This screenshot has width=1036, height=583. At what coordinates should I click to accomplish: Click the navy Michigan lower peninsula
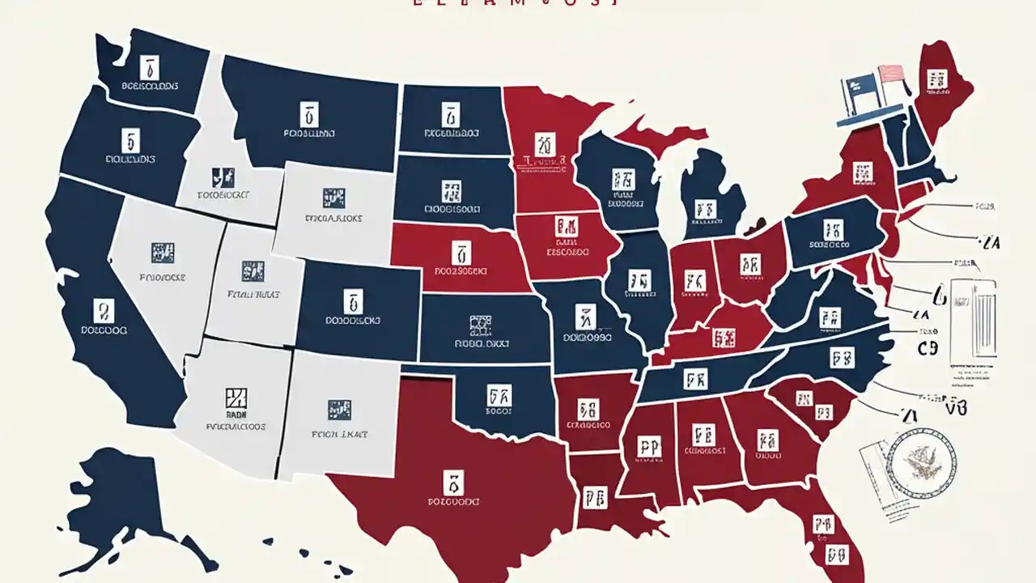[708, 198]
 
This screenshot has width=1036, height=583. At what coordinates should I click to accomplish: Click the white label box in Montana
[308, 113]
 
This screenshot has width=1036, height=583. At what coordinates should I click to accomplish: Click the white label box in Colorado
[353, 302]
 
